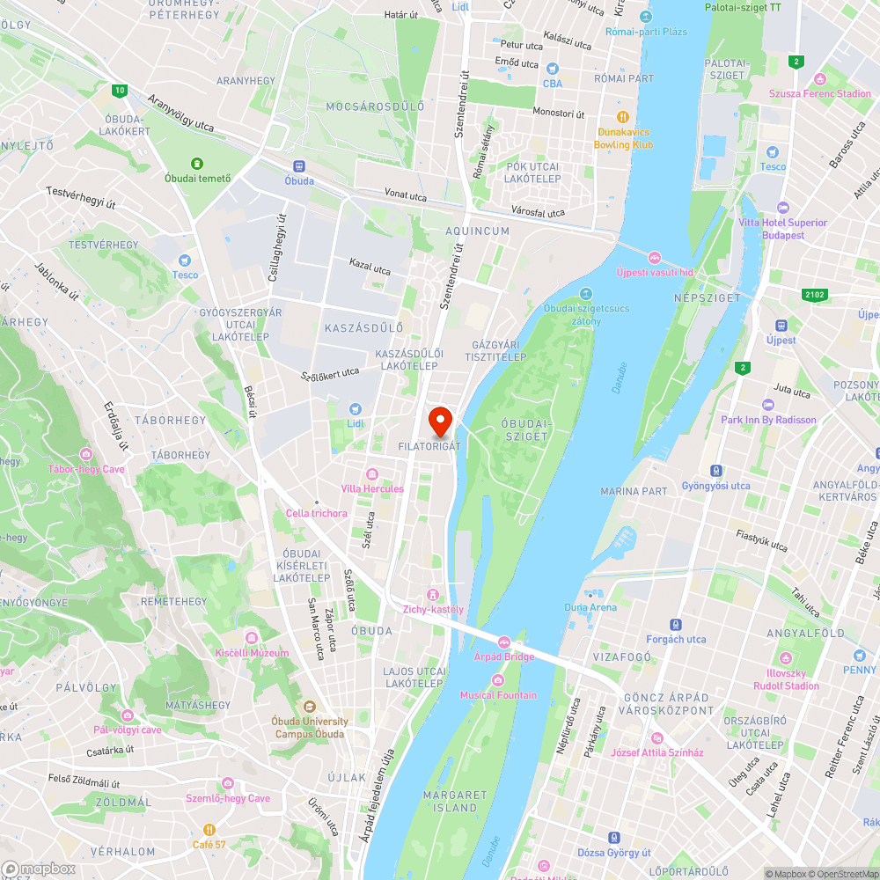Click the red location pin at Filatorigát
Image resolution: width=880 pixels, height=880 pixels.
coord(439,421)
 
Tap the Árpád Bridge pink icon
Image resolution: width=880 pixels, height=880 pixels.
coord(504,642)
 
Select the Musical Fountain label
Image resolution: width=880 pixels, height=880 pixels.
coord(498,695)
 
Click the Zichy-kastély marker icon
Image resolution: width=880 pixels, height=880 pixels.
coord(432,594)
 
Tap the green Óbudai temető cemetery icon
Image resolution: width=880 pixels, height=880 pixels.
coord(197,164)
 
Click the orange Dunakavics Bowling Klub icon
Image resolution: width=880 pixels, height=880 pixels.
coord(623,117)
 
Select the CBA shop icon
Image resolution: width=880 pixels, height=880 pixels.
coord(553,69)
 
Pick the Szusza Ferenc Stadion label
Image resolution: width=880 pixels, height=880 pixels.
coord(819,93)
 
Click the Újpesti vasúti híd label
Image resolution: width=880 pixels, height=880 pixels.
coord(655,272)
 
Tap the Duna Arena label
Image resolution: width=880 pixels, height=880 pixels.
coord(590,607)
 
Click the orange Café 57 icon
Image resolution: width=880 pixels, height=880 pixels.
coord(209,830)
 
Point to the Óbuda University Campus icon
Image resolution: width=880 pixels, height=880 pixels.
coord(309,707)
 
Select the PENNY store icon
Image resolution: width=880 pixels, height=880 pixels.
coord(859,656)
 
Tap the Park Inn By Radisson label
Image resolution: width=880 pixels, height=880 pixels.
coord(768,420)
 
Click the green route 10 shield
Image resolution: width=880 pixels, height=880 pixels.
coord(119,90)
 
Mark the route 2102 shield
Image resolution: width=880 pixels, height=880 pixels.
coord(815,294)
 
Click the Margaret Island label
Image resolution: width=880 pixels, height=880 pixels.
coord(455,801)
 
